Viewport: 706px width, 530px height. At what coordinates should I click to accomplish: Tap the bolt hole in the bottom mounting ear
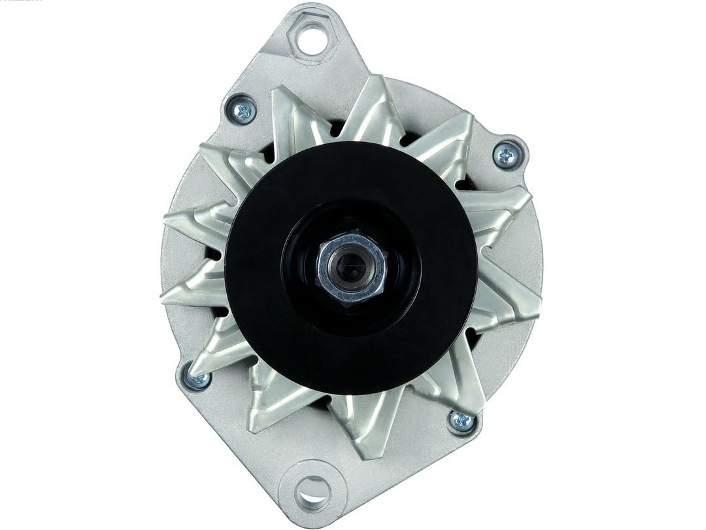(313, 489)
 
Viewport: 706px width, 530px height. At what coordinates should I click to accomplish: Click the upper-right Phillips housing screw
(507, 155)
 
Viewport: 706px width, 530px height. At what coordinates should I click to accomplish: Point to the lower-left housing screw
(197, 378)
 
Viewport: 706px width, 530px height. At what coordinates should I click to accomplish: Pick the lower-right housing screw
(462, 421)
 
